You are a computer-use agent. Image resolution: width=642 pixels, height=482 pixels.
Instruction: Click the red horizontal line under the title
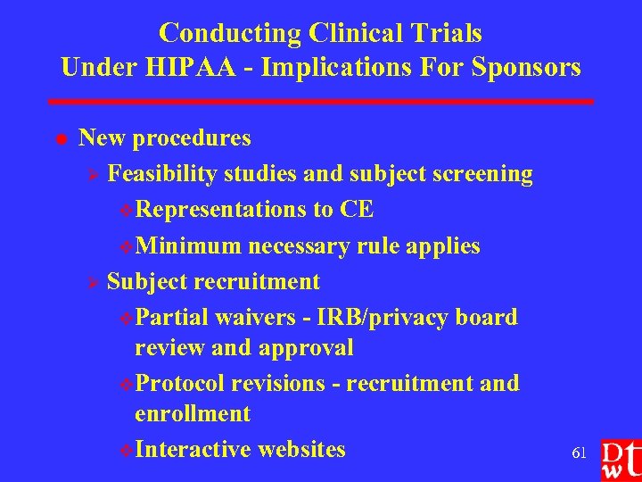pyautogui.click(x=321, y=102)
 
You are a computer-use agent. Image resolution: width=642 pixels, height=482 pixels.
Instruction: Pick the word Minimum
pyautogui.click(x=189, y=245)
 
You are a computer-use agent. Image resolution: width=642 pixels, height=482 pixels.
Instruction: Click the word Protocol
pyautogui.click(x=183, y=383)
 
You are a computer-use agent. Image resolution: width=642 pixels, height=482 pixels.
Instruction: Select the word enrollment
pyautogui.click(x=192, y=414)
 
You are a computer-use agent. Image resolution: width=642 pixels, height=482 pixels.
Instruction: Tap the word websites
pyautogui.click(x=300, y=449)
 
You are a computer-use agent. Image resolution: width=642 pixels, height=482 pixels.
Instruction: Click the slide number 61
pyautogui.click(x=579, y=453)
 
